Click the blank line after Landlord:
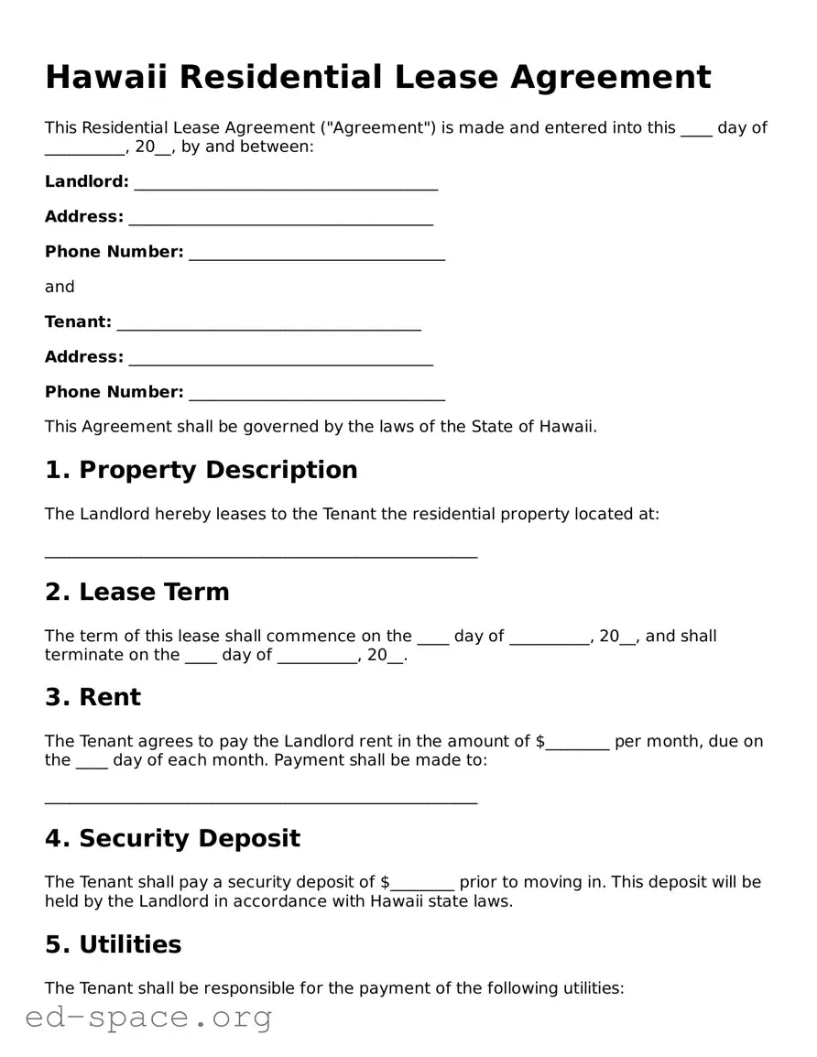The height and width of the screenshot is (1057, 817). [x=286, y=187]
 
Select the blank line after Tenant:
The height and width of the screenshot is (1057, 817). [x=269, y=327]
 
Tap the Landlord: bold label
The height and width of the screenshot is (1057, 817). [x=87, y=181]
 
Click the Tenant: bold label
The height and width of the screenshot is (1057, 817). [x=78, y=321]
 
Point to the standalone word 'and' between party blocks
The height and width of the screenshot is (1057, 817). [x=60, y=287]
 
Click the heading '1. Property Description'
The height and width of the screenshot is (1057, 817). [x=201, y=470]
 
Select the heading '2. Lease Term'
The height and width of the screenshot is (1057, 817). [x=136, y=592]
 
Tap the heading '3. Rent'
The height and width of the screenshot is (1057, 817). [x=93, y=697]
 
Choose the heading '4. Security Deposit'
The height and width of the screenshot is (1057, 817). [x=172, y=838]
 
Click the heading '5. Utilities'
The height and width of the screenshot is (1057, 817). [x=113, y=944]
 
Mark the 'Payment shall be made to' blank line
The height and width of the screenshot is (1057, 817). [x=261, y=801]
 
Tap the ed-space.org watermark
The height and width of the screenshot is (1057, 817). [x=148, y=1017]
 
